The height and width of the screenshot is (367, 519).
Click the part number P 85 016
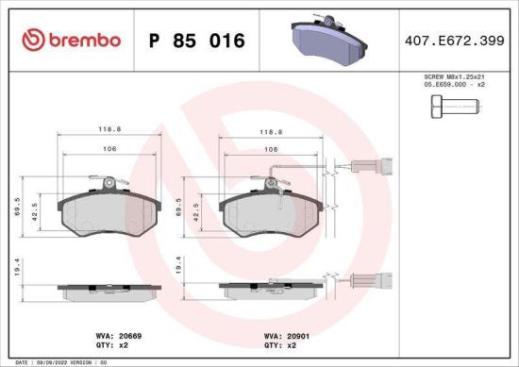tap(197, 41)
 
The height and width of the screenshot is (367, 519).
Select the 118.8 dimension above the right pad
tap(271, 134)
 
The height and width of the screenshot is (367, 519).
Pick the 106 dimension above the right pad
tap(271, 150)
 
